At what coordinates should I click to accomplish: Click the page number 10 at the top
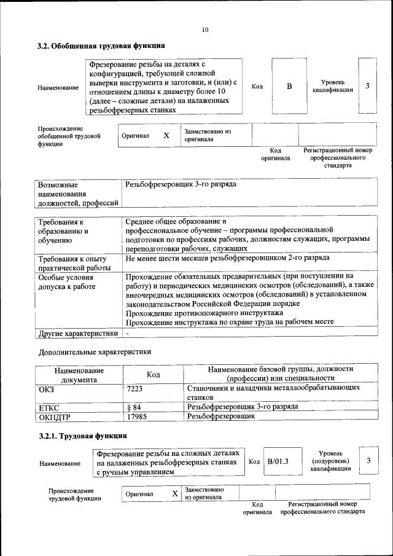[x=205, y=29]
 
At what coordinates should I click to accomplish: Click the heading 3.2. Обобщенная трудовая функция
[x=101, y=45]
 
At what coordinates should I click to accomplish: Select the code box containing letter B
[x=289, y=86]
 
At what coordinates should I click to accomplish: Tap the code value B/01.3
[x=278, y=461]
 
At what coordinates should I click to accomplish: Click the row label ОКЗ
[x=47, y=388]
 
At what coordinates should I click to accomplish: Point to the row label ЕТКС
[x=50, y=407]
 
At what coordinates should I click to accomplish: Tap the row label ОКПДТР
[x=55, y=417]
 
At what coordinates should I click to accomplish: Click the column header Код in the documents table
[x=153, y=374]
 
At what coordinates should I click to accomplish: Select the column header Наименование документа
[x=79, y=375]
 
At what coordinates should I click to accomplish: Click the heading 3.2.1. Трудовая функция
[x=82, y=436]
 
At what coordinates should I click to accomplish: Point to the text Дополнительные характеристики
[x=95, y=352]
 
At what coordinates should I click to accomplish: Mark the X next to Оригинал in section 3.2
[x=166, y=135]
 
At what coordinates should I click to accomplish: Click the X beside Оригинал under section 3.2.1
[x=175, y=493]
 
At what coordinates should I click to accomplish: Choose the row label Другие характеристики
[x=78, y=334]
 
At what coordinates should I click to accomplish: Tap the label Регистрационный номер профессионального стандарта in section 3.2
[x=338, y=158]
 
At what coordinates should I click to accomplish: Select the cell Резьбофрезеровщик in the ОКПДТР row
[x=220, y=417]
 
